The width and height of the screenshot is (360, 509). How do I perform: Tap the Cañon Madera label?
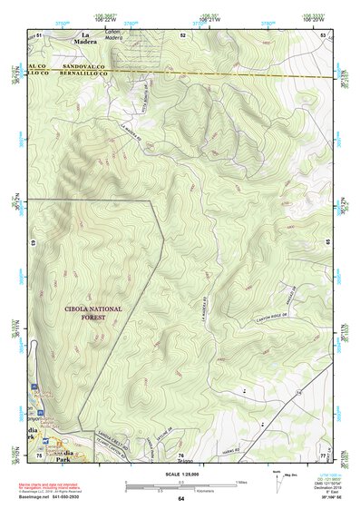click(112, 34)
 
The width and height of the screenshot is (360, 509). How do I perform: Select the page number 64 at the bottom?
click(180, 499)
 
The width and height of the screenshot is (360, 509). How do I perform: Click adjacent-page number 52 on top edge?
click(182, 34)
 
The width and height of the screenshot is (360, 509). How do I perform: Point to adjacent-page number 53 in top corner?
click(323, 34)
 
